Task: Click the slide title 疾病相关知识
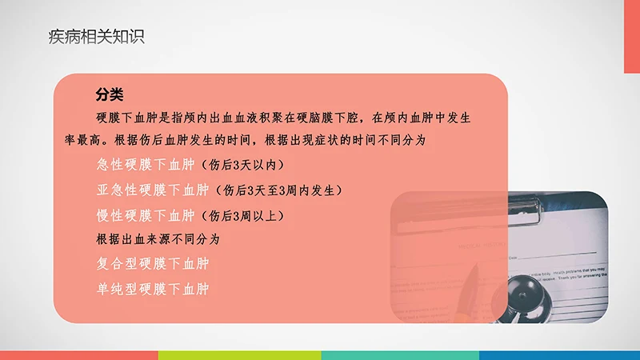click(96, 37)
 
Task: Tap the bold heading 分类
click(109, 95)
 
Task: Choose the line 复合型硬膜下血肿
click(152, 263)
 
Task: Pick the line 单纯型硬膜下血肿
click(152, 288)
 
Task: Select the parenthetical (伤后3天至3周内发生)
click(277, 190)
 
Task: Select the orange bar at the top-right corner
click(632, 36)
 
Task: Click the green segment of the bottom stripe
click(240, 354)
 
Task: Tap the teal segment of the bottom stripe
click(400, 354)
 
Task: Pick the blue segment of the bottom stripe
click(560, 354)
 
